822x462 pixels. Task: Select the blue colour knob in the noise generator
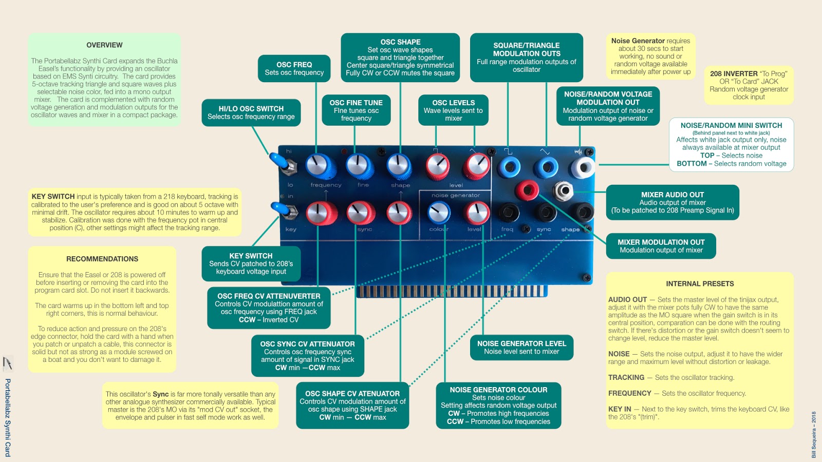(x=439, y=212)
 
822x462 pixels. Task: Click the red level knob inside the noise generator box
(x=477, y=212)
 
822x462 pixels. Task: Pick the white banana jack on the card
(x=583, y=167)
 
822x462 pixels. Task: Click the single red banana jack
(x=526, y=190)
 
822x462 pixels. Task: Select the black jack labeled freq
(x=508, y=211)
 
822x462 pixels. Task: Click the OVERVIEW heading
(x=104, y=45)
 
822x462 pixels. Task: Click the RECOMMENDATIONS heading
(x=102, y=259)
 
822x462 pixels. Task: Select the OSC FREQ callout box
(x=294, y=68)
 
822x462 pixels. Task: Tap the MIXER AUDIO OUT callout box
(x=672, y=202)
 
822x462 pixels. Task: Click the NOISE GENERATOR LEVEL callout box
(x=521, y=347)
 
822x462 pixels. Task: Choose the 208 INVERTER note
(x=749, y=85)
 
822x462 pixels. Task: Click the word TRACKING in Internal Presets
(x=626, y=377)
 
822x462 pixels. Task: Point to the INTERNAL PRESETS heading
(x=700, y=283)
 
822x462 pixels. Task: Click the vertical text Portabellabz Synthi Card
(x=8, y=417)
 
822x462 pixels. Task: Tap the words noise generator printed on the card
(x=456, y=196)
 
